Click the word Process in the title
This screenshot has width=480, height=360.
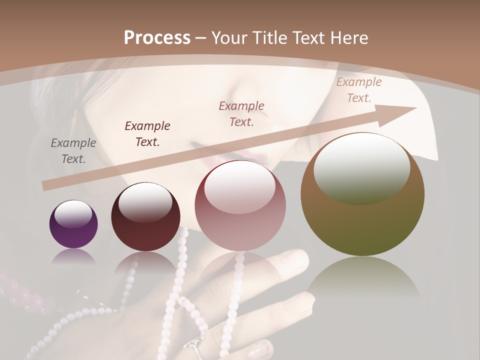coord(157,38)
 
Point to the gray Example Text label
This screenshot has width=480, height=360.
coord(73,151)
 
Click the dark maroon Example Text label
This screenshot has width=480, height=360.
coord(147,134)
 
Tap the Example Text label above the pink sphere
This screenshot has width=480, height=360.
coord(242,113)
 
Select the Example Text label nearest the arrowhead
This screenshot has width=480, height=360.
coord(359,90)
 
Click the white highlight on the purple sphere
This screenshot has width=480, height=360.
coord(73,213)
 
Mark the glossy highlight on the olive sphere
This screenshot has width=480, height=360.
coord(361,168)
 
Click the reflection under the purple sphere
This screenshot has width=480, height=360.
coord(73,256)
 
